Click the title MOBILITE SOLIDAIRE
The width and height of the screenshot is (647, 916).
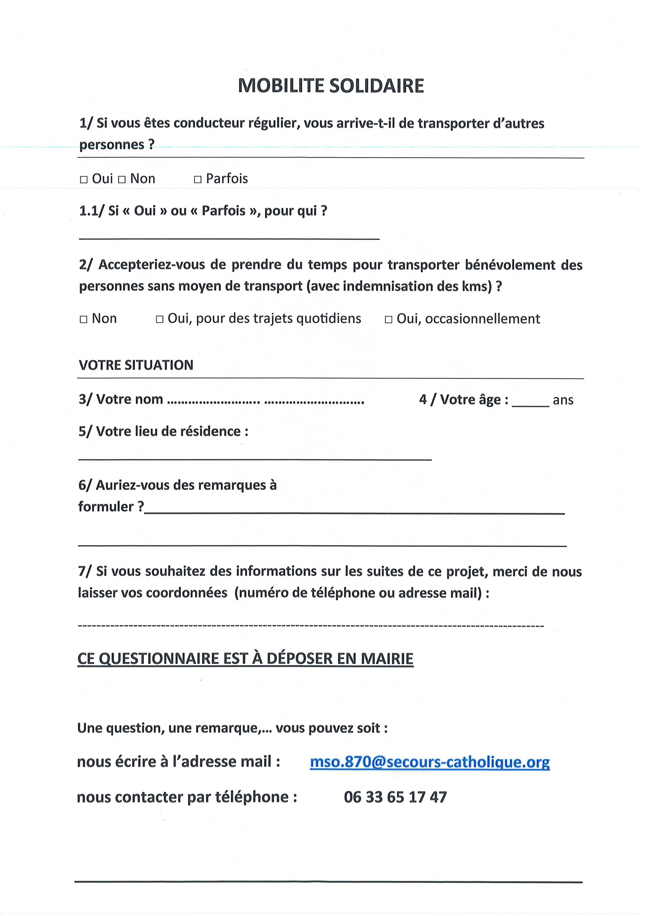click(x=331, y=86)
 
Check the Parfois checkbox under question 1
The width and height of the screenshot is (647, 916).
click(x=198, y=180)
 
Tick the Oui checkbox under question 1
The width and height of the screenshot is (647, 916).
click(x=84, y=180)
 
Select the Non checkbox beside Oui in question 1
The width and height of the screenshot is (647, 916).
click(x=122, y=180)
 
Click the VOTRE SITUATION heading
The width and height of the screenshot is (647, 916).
click(x=136, y=365)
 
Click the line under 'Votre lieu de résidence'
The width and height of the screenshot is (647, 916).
click(x=255, y=459)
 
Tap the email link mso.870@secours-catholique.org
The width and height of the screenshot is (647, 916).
click(x=430, y=762)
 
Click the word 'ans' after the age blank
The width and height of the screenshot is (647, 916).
click(x=563, y=400)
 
